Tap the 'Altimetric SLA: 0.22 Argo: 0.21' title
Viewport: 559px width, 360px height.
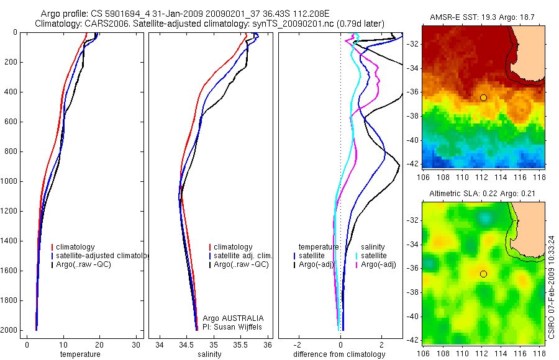(x=483, y=194)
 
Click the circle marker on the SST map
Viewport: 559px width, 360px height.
(x=483, y=97)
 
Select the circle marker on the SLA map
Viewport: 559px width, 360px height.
(x=483, y=273)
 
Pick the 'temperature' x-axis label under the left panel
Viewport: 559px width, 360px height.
(x=80, y=354)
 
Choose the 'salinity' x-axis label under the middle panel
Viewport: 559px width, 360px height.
(x=212, y=354)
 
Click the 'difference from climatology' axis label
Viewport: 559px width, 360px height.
(x=340, y=354)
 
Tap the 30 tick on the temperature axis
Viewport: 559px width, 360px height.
(x=136, y=345)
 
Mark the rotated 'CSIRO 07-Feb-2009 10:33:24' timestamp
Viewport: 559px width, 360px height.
(x=552, y=286)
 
